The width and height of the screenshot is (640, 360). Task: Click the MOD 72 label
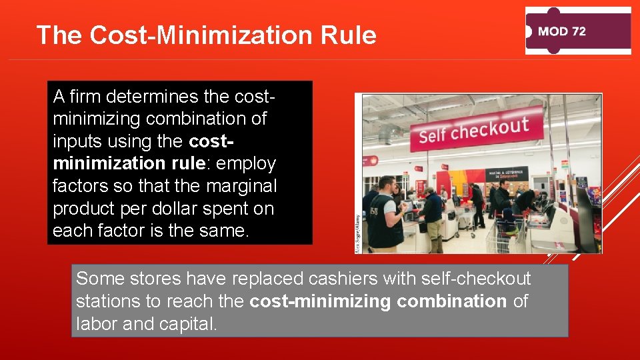(x=561, y=31)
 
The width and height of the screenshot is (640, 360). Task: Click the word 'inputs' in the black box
(x=75, y=141)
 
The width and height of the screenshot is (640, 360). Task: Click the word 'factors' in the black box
(x=79, y=187)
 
